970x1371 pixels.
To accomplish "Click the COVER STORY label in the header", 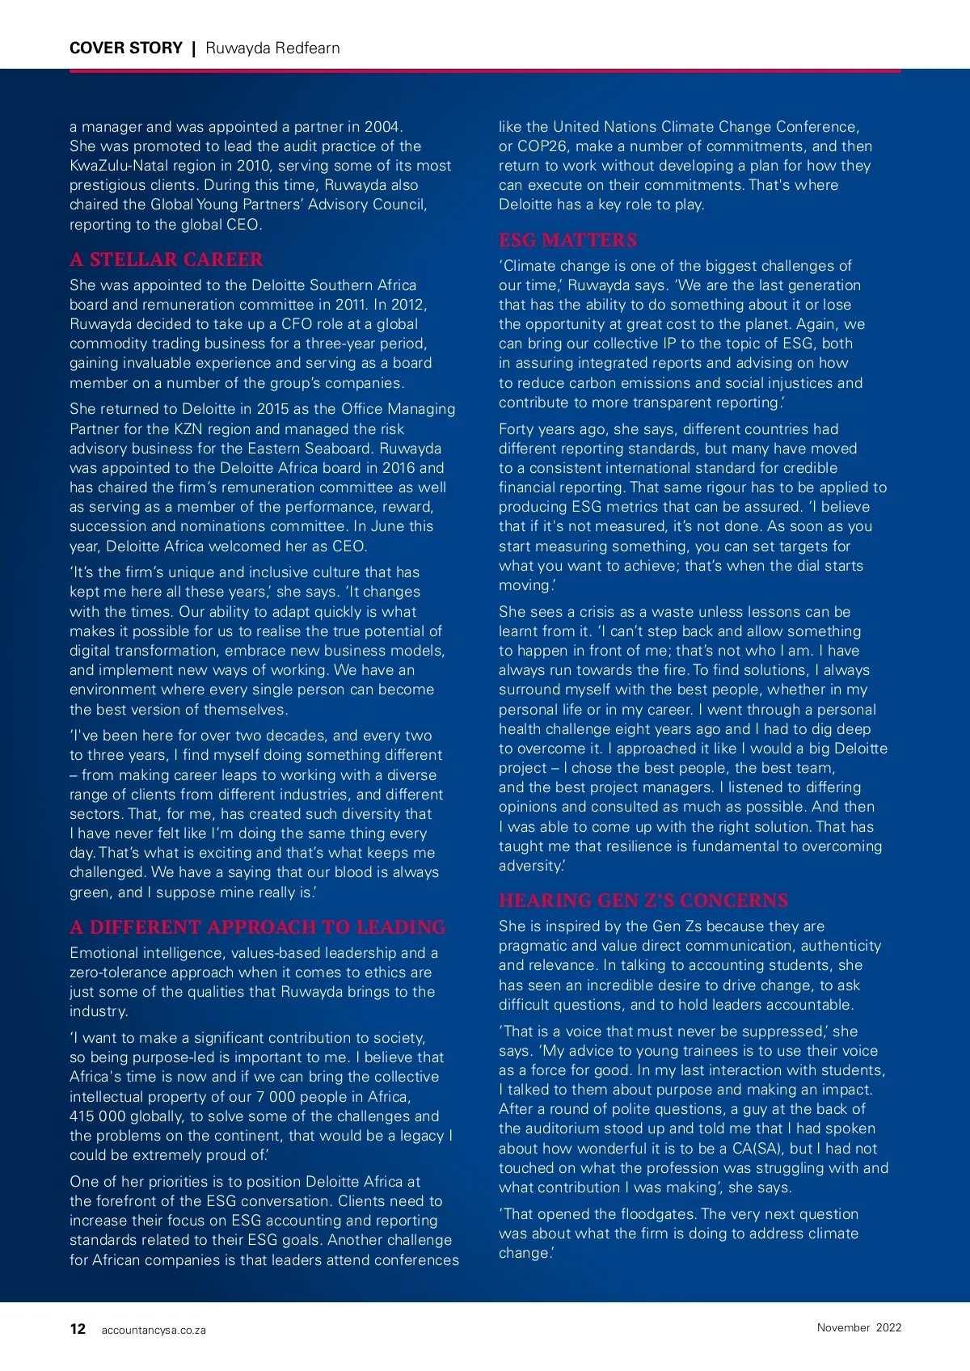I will point(126,49).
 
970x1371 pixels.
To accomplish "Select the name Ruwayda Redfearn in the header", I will point(272,49).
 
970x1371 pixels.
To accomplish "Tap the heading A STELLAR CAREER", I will point(167,259).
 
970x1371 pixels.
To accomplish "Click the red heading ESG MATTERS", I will point(567,240).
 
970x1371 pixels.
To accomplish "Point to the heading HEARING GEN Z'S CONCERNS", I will point(643,901).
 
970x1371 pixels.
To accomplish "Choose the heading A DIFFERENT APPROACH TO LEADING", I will point(257,927).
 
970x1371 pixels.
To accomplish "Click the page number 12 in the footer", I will point(78,1329).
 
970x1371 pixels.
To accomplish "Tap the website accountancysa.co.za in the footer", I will point(154,1331).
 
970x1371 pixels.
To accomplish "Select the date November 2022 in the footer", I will point(858,1327).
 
